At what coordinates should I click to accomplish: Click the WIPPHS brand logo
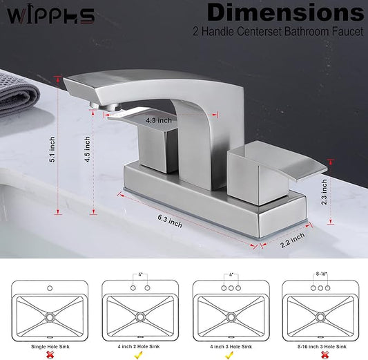tap(50, 16)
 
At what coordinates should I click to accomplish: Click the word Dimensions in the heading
tap(285, 12)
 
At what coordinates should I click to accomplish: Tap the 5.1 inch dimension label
tap(52, 149)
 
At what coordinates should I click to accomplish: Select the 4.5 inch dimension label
tap(87, 149)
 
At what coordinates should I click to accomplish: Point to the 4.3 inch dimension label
tap(159, 120)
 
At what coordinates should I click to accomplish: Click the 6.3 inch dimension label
tap(170, 221)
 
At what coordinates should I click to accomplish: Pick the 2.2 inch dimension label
tap(293, 240)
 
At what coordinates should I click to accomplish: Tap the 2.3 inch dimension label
tap(324, 192)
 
